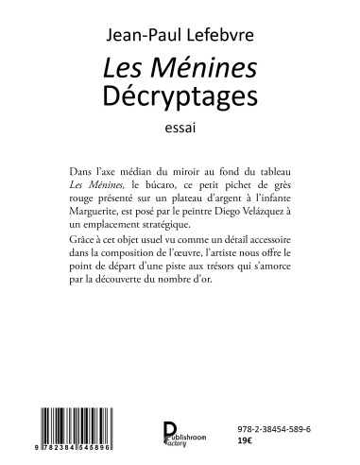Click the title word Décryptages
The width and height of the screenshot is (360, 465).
click(x=180, y=95)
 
